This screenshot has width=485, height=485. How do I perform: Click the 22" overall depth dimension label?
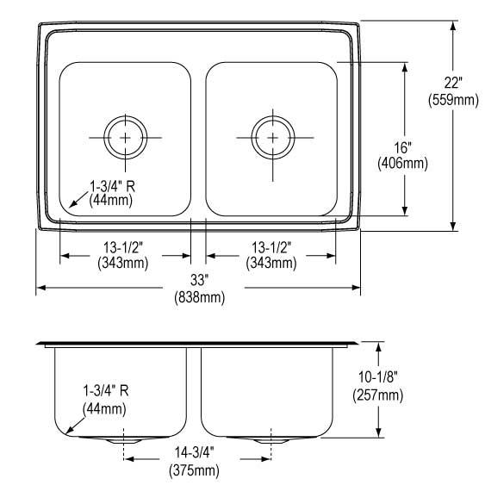point(453,84)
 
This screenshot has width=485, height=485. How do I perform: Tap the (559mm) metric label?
point(453,100)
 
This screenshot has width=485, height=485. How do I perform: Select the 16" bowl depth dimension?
point(402,147)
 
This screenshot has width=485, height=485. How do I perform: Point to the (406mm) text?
point(402,164)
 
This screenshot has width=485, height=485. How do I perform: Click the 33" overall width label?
point(198,280)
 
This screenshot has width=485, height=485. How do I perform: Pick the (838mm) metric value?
point(200,297)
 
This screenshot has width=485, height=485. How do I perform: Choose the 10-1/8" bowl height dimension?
point(377,377)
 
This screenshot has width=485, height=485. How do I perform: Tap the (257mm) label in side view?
point(377,395)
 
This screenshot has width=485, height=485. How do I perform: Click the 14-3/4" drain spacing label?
point(195,453)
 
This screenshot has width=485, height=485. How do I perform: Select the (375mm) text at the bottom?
point(194,470)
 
